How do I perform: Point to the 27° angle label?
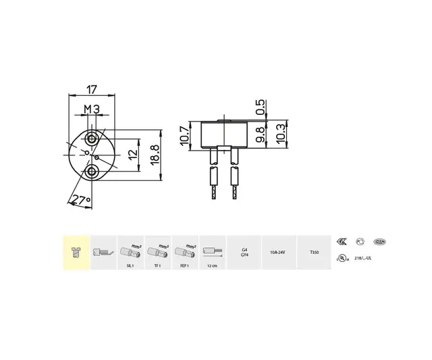[x=82, y=201]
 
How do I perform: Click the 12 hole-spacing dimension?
[x=133, y=155]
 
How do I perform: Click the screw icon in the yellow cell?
[x=76, y=253]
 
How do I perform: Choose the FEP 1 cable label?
[x=184, y=266]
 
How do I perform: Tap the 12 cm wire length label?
[x=213, y=266]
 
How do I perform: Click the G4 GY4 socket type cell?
[x=244, y=253]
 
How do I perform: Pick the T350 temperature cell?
[x=314, y=253]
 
